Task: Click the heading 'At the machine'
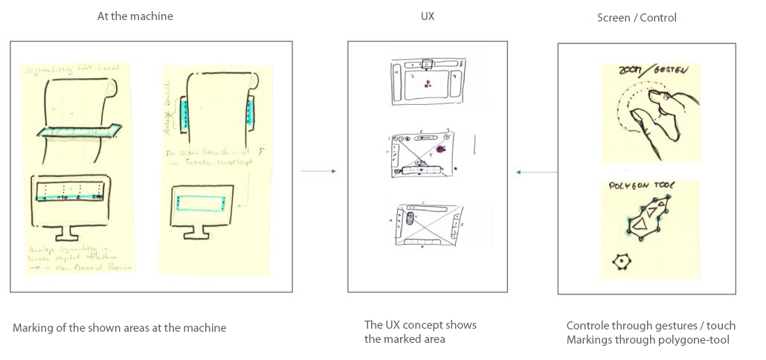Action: click(135, 16)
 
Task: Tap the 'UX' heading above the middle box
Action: click(427, 16)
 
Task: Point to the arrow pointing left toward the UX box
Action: click(536, 173)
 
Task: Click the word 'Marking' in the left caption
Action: click(33, 327)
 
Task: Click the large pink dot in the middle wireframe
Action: click(440, 150)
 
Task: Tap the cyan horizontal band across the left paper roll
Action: click(77, 132)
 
